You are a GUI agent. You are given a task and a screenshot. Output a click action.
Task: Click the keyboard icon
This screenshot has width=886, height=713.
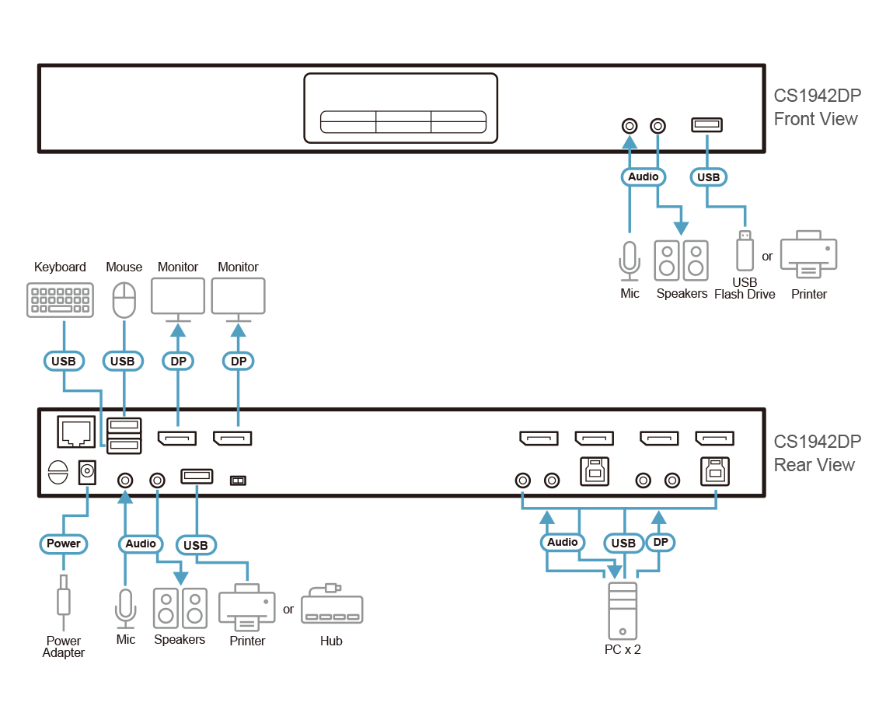click(60, 299)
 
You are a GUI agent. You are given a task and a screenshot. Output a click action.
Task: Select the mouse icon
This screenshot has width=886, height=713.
click(124, 300)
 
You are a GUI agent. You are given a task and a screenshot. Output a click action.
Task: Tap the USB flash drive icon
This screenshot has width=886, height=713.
click(745, 250)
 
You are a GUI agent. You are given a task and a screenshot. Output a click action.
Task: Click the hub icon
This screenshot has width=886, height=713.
click(332, 604)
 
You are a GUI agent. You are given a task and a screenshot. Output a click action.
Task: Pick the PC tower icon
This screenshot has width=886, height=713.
click(622, 610)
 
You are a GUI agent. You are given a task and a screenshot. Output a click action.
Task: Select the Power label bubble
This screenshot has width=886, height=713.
click(63, 544)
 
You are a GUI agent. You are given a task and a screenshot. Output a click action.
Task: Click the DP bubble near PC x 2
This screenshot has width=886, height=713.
click(660, 542)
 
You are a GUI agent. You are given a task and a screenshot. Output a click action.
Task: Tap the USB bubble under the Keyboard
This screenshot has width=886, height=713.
click(64, 362)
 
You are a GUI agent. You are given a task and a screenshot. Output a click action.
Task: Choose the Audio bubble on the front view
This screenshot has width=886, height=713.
click(643, 177)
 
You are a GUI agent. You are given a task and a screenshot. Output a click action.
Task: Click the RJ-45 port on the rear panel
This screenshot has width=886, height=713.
click(76, 432)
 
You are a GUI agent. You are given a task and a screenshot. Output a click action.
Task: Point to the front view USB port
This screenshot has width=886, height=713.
click(707, 124)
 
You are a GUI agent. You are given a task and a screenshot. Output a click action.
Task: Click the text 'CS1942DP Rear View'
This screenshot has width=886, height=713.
click(817, 453)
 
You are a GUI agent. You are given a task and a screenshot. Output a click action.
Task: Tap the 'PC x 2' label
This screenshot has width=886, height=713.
click(622, 650)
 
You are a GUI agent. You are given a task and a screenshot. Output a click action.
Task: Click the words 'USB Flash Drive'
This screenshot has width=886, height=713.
click(745, 288)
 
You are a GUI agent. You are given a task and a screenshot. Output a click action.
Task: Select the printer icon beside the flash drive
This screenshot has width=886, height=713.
click(808, 254)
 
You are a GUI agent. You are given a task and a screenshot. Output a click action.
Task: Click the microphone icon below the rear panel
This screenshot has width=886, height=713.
click(125, 608)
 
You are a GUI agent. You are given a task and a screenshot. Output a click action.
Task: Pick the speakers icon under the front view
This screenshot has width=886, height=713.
click(681, 260)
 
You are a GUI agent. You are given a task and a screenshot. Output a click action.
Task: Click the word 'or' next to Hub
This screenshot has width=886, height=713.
click(288, 610)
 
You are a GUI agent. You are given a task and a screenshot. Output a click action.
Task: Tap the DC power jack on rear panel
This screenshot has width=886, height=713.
click(87, 471)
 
